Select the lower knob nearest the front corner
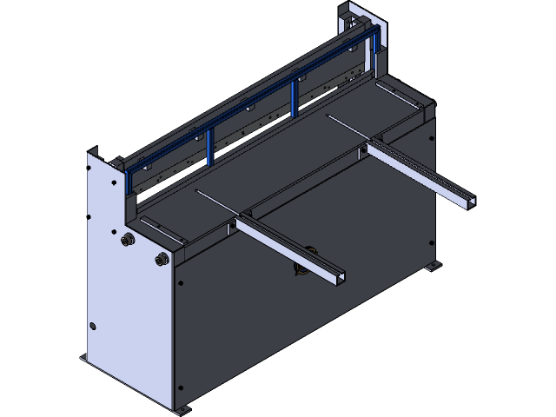[x=161, y=258]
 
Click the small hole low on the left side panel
[x=93, y=327]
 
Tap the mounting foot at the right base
[x=432, y=266]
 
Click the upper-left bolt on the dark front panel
[x=179, y=283]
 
